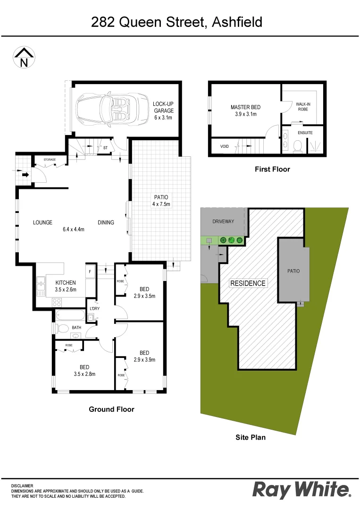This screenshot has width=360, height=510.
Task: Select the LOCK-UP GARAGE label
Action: [x=163, y=108]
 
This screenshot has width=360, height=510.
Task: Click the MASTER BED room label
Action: [x=245, y=110]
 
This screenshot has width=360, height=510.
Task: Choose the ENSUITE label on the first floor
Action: [x=305, y=133]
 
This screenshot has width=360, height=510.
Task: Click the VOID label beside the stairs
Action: [x=225, y=146]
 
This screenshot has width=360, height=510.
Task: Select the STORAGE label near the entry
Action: [x=50, y=160]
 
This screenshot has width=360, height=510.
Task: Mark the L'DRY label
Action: [x=94, y=309]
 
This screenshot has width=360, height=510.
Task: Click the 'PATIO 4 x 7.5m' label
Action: [x=161, y=201]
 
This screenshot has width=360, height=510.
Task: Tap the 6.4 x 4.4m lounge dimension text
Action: [x=73, y=229]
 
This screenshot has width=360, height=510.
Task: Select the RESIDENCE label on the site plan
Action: [x=248, y=283]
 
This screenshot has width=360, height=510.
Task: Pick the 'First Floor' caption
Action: [x=272, y=169]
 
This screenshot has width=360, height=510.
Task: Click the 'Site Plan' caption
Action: [x=251, y=437]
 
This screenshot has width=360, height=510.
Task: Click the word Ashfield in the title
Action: [x=237, y=22]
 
